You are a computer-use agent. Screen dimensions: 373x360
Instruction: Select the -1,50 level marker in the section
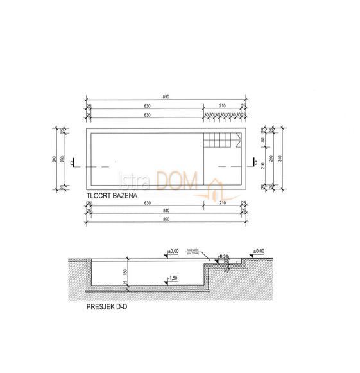(x=171, y=279)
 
